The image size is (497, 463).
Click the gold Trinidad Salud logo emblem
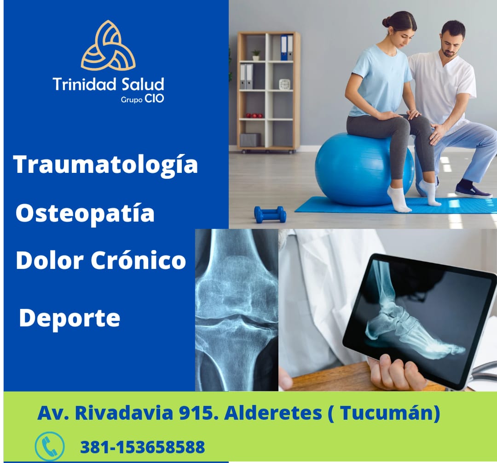tap(108, 46)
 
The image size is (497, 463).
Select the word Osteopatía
tap(85, 214)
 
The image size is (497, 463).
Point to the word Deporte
tap(69, 318)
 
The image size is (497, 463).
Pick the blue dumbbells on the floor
tap(270, 214)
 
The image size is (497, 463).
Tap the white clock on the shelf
tap(284, 84)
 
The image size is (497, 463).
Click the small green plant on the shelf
tap(256, 54)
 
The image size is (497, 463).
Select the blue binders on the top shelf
tap(284, 47)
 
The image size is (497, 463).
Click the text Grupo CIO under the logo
tap(143, 98)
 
